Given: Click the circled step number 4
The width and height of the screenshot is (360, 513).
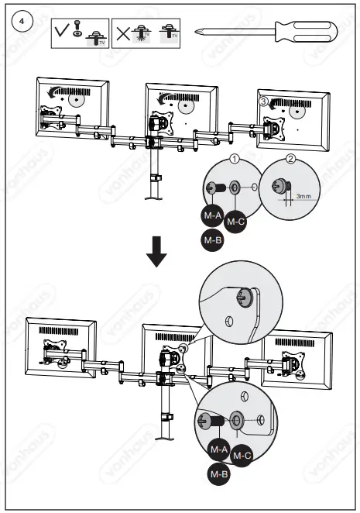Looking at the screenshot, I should coord(25,21).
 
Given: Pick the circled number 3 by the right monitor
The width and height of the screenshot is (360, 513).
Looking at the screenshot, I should coord(263,101).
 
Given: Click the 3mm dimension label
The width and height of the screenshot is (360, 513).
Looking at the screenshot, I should coord(303,197).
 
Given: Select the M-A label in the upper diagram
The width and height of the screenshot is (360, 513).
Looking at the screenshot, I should coord(214,215).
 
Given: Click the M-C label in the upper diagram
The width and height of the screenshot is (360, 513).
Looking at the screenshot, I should coord(237,221).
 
